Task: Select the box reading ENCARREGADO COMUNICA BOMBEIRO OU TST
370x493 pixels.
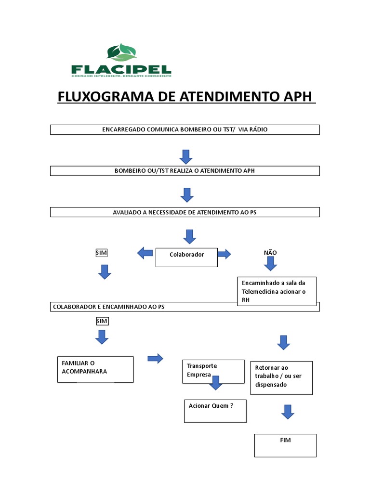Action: point(185,130)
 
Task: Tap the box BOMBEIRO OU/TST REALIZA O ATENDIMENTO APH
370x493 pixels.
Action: point(185,171)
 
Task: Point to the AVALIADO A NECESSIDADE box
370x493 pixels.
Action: point(185,212)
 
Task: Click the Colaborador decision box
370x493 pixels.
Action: point(186,257)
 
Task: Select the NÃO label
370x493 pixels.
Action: point(270,253)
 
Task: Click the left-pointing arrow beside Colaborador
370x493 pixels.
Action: point(145,253)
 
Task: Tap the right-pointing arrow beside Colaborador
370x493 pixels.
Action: point(224,254)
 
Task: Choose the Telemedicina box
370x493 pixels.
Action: point(277,291)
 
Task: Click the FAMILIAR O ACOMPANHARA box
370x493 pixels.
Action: point(95,369)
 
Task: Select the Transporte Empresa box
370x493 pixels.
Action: point(213,371)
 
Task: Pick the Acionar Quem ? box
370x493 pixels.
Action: point(215,411)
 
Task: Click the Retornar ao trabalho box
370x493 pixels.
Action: point(281,377)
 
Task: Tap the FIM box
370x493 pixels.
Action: point(285,445)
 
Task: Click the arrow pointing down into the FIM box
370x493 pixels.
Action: point(288,412)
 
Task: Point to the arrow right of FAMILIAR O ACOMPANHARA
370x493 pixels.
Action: point(155,358)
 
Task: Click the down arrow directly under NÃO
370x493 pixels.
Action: point(270,264)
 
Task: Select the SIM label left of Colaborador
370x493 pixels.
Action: point(102,253)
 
